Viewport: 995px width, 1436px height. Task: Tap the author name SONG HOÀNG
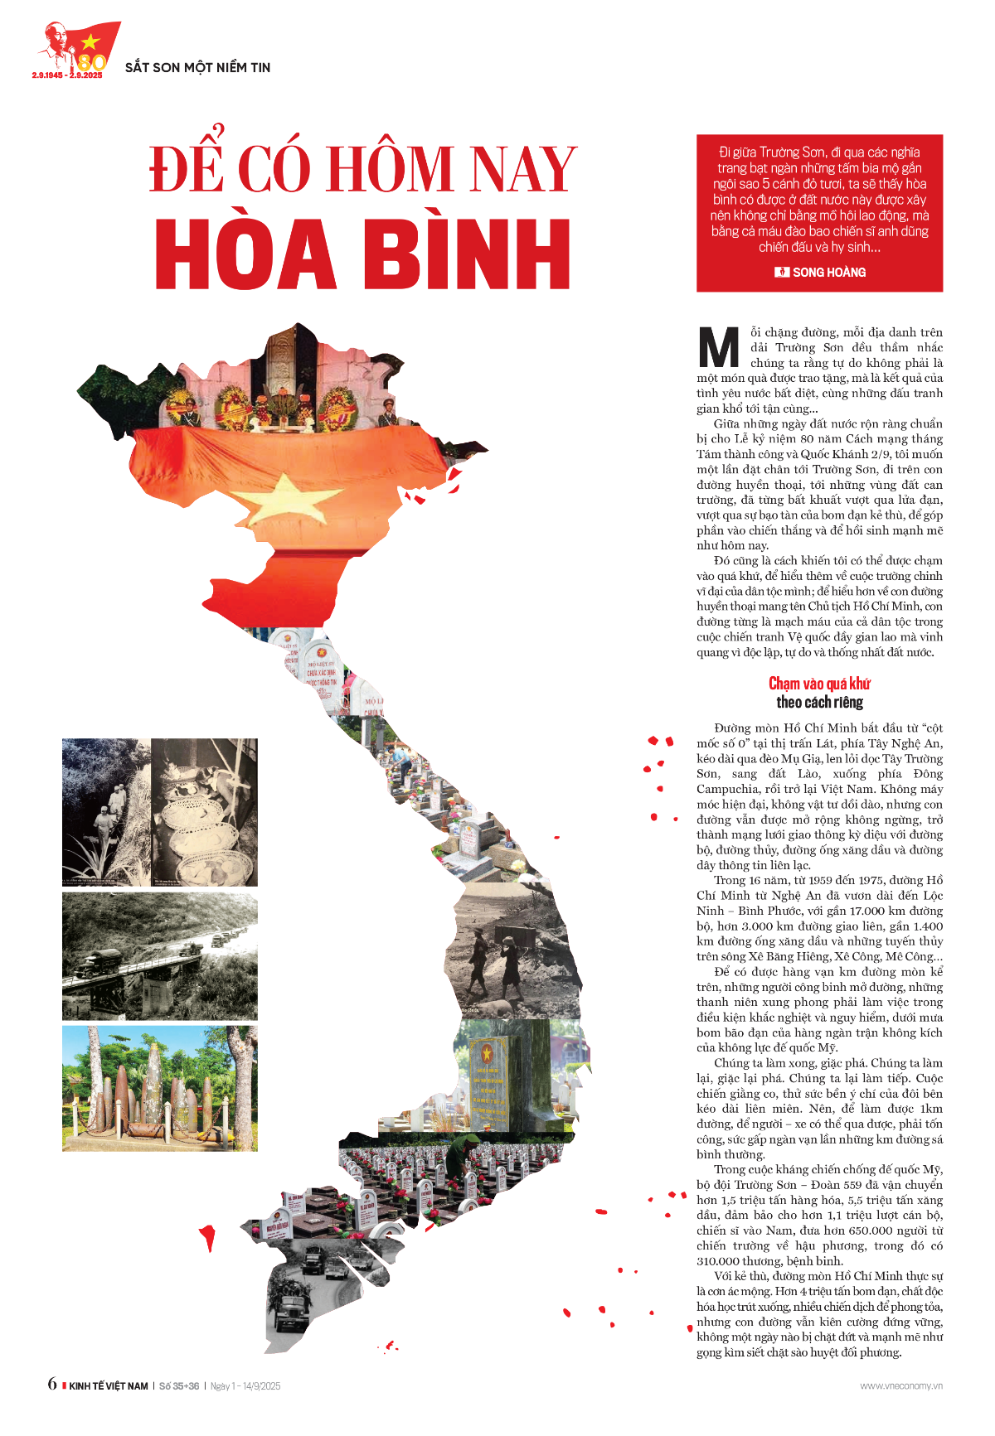click(828, 272)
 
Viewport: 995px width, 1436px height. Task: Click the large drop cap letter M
click(718, 348)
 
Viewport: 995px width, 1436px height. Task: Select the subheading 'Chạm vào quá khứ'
click(819, 684)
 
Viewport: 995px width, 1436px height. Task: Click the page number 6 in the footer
click(52, 1384)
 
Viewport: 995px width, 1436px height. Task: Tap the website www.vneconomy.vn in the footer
click(901, 1385)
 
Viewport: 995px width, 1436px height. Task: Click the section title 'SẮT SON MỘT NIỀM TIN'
click(197, 67)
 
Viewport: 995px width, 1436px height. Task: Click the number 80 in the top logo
click(92, 62)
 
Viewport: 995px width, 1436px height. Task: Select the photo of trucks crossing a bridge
click(160, 956)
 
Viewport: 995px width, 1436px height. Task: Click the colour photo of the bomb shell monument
click(160, 1088)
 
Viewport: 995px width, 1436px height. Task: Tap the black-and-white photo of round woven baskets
click(205, 812)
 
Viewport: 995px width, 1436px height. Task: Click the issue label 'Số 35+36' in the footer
click(179, 1385)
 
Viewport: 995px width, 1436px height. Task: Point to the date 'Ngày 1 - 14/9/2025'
click(245, 1385)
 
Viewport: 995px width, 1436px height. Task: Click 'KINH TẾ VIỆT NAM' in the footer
click(109, 1385)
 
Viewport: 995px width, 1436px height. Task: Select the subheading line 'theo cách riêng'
click(819, 703)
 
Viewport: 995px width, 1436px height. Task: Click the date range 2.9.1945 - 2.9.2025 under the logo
click(67, 75)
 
